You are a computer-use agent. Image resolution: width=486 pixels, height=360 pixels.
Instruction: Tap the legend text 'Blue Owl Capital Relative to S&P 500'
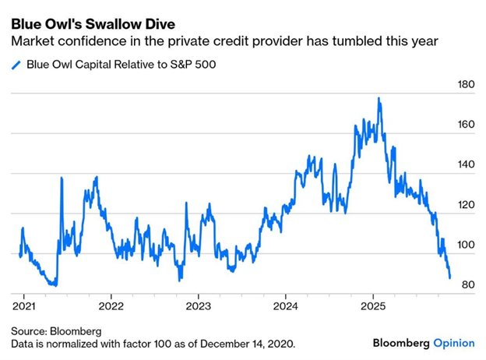click(121, 65)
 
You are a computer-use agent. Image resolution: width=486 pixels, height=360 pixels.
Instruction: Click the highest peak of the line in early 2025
click(379, 99)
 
